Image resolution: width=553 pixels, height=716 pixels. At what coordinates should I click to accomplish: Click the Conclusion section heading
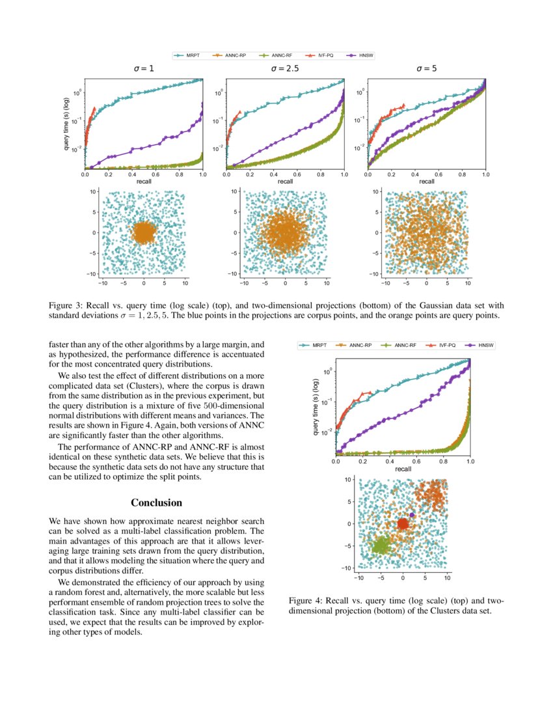pos(156,503)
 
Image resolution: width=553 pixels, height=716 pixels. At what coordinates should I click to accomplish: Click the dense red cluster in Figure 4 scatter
pos(403,523)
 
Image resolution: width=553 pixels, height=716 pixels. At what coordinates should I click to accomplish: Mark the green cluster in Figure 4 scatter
pos(381,544)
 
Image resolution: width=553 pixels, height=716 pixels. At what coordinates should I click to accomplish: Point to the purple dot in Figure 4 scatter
pos(412,515)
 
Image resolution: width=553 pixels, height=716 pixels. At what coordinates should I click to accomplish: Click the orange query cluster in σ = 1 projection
pos(143,232)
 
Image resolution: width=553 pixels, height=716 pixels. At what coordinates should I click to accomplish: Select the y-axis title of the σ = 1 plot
pos(67,124)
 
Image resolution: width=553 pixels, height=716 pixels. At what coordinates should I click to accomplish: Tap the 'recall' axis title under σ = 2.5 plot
pos(285,182)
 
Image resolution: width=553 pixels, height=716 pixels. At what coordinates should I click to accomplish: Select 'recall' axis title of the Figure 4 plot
pos(403,469)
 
